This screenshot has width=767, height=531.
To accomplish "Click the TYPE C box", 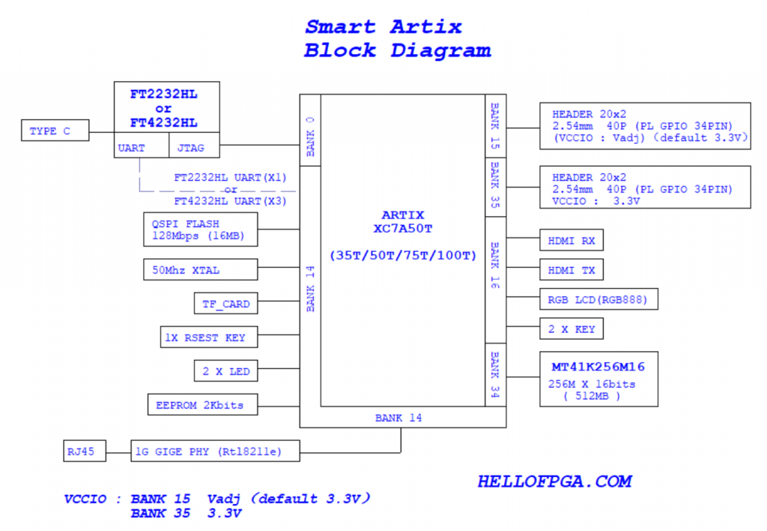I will click(55, 131).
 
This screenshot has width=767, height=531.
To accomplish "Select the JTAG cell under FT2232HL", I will click(194, 148).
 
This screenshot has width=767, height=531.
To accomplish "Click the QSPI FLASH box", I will click(200, 229).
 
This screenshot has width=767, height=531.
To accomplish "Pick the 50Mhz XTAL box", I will click(200, 270).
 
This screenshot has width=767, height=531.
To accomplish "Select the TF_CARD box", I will click(225, 304).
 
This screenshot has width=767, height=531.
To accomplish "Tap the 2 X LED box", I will click(225, 371).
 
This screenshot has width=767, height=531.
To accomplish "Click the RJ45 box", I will click(84, 451).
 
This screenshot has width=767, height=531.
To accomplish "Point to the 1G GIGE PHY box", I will click(216, 451).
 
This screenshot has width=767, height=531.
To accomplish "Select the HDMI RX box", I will click(572, 241).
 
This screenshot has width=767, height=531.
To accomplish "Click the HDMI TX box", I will click(572, 270).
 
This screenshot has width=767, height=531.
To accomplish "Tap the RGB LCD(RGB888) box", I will click(598, 299).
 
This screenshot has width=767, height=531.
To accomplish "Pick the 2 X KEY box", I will click(572, 328).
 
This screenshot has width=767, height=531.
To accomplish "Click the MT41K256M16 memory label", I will click(598, 367).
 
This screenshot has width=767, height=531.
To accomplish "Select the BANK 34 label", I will click(494, 373).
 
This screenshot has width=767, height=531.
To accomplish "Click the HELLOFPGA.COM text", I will click(554, 481).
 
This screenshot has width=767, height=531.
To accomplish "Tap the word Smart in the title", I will click(340, 27).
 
